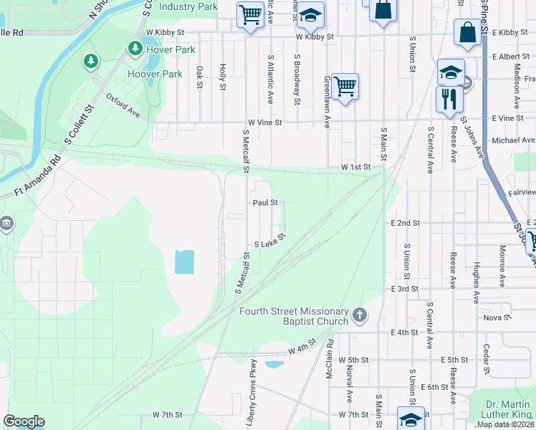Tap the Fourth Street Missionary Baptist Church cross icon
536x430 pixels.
pyautogui.click(x=360, y=314)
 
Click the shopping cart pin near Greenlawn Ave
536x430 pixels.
pyautogui.click(x=345, y=87)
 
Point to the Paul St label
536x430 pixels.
pyautogui.click(x=264, y=203)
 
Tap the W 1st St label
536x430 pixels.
pyautogui.click(x=355, y=167)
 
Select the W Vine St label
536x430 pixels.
pyautogui.click(x=265, y=123)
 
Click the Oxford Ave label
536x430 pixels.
pyautogui.click(x=123, y=104)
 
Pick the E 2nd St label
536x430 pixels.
pyautogui.click(x=405, y=224)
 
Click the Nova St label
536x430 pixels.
pyautogui.click(x=496, y=317)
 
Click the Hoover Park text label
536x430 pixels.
pyautogui.click(x=155, y=74)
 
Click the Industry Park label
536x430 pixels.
pyautogui.click(x=188, y=6)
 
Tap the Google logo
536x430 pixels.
pyautogui.click(x=24, y=421)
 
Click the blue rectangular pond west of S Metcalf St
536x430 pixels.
pyautogui.click(x=184, y=262)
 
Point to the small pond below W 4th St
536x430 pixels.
pyautogui.click(x=274, y=364)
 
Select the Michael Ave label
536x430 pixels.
pyautogui.click(x=513, y=140)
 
